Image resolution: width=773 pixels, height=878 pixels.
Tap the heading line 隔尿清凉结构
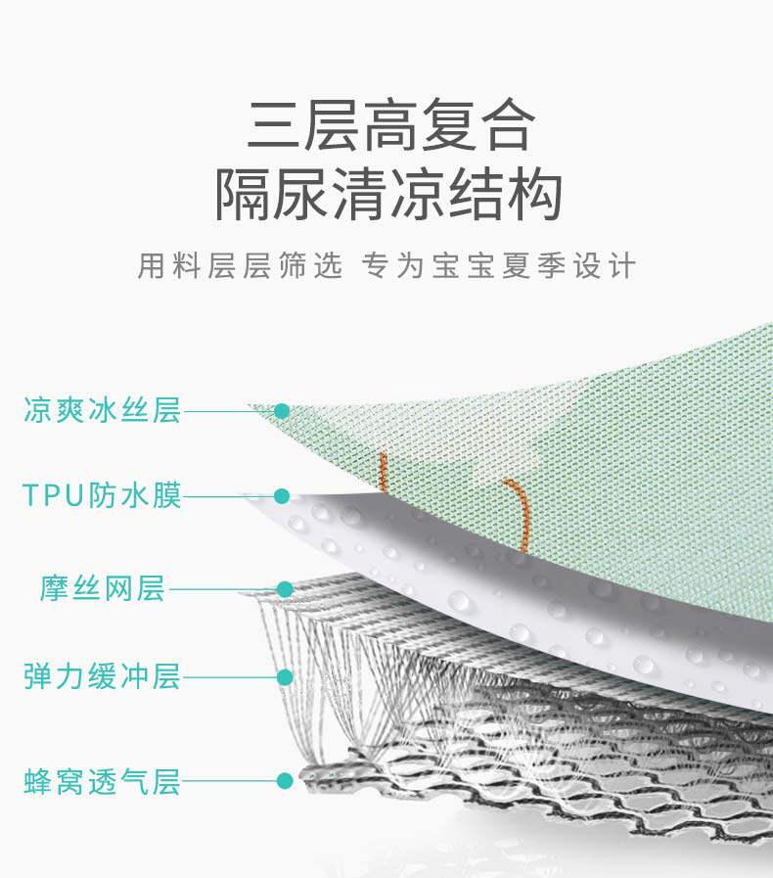tap(388, 195)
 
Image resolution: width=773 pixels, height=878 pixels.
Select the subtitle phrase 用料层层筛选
tap(241, 266)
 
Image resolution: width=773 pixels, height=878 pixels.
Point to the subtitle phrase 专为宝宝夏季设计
tap(499, 266)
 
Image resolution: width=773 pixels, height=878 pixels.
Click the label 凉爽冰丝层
tap(102, 410)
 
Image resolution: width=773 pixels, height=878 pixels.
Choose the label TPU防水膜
tap(102, 495)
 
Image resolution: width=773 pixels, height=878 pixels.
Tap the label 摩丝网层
tap(103, 589)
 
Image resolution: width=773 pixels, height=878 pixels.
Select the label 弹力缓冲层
tap(102, 676)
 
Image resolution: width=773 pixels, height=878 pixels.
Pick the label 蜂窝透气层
tap(102, 782)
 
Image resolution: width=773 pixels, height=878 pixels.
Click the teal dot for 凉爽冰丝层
tap(282, 411)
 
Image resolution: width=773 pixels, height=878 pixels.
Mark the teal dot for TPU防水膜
tap(282, 496)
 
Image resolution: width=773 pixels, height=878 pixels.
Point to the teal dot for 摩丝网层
tap(285, 589)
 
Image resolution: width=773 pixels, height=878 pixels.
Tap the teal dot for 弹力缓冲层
tap(285, 676)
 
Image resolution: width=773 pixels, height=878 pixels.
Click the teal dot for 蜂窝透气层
tap(285, 781)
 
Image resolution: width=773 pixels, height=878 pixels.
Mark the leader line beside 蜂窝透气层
tap(230, 781)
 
